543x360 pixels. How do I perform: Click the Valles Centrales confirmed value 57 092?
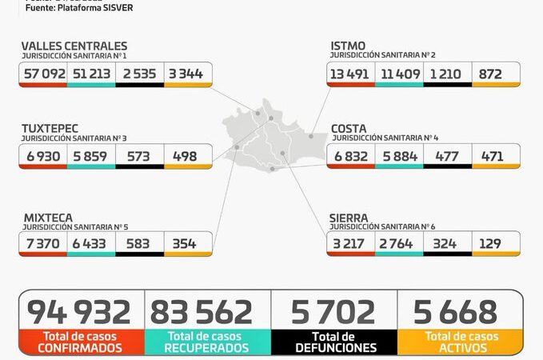(43, 74)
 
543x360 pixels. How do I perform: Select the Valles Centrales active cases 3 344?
(187, 74)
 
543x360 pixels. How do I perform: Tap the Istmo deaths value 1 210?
(447, 74)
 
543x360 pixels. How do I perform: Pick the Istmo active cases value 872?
(490, 74)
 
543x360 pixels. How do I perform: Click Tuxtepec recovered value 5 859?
(90, 156)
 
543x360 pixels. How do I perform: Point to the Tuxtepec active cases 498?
(185, 156)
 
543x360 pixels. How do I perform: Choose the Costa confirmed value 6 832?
(351, 156)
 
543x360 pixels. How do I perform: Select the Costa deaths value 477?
(446, 156)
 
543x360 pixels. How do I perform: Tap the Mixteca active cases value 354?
(184, 243)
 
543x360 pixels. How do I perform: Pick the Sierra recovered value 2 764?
(398, 243)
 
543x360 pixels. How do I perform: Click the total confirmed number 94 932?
(79, 312)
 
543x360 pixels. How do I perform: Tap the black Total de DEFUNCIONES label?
(333, 342)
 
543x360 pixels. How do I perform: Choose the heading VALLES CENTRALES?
(74, 46)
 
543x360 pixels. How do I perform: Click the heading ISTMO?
(349, 46)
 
